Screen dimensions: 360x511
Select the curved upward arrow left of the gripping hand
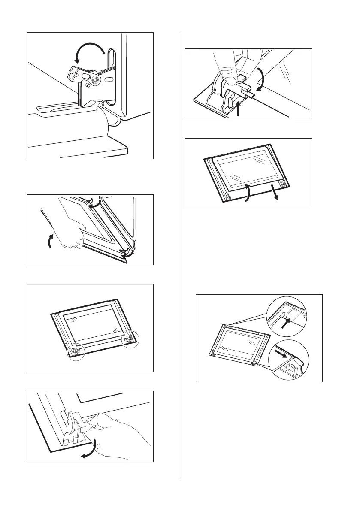(x=49, y=241)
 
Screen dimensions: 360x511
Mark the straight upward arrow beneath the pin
(x=238, y=110)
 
